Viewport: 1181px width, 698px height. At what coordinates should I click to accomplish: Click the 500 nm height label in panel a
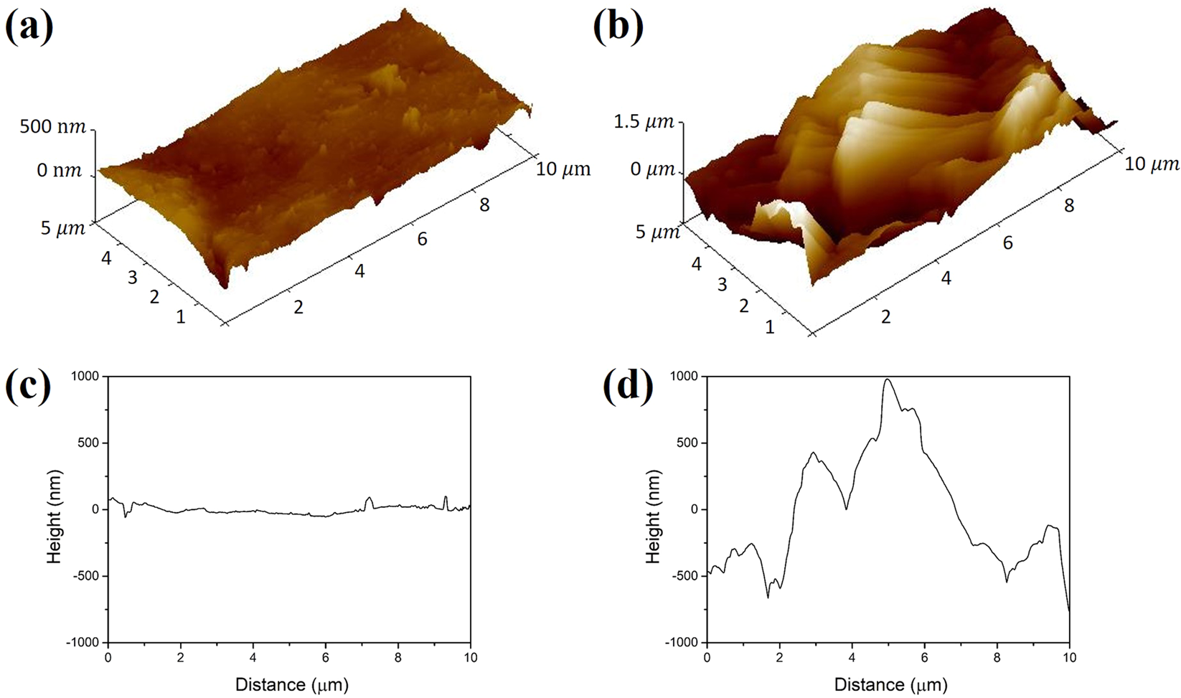53,127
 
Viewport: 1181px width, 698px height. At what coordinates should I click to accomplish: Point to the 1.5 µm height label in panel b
643,121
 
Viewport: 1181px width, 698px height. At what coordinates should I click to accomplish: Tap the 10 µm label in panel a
563,169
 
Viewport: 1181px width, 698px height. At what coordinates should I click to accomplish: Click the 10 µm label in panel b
1152,164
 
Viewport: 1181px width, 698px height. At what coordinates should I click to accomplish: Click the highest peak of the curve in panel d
888,379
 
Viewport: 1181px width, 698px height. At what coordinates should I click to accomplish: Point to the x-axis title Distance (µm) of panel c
291,684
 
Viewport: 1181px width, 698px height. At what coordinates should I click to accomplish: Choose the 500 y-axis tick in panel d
687,443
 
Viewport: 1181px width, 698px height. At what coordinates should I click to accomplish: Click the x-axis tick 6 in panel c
326,658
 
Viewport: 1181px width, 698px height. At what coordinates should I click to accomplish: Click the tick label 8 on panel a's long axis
484,205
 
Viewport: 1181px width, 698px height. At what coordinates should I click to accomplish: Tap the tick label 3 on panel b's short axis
722,285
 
